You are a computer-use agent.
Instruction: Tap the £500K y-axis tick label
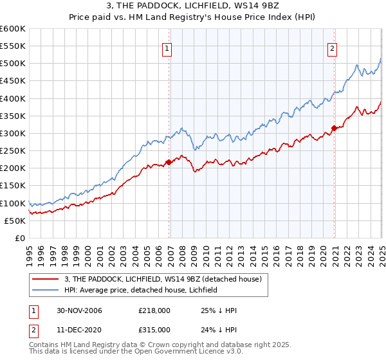13,64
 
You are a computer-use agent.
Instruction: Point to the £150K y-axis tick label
13,185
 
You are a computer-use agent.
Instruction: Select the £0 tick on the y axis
20,238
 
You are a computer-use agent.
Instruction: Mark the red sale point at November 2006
169,162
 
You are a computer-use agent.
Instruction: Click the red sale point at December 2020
334,128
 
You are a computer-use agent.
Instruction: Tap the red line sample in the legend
46,280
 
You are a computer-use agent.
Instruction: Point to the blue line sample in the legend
46,291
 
